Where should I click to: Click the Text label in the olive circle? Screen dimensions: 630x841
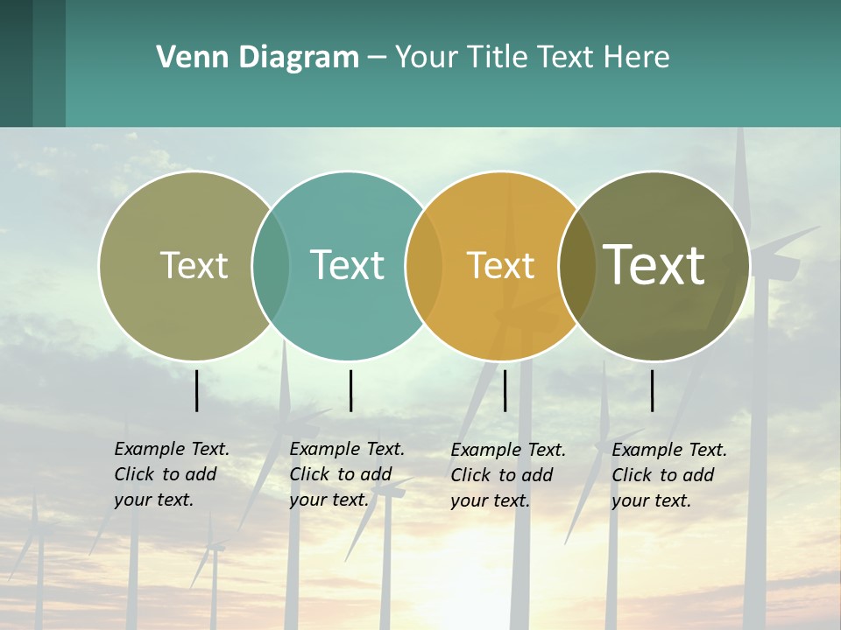(x=194, y=265)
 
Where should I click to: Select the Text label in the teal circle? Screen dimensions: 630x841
(x=347, y=265)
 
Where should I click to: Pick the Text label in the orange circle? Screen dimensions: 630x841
(x=500, y=265)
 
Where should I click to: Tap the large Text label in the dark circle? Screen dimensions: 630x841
(x=654, y=264)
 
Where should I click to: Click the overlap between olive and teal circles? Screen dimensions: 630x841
(x=271, y=265)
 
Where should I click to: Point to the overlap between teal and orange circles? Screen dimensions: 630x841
(x=424, y=265)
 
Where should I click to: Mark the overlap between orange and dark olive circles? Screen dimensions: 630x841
(x=576, y=265)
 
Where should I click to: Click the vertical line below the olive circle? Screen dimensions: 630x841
(x=197, y=390)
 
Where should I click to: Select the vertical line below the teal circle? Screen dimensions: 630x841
(x=350, y=390)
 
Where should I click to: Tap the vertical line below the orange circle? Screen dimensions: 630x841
(x=505, y=390)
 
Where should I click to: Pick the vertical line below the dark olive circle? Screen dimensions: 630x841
(x=653, y=390)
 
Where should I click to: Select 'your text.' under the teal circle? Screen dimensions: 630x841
(x=329, y=500)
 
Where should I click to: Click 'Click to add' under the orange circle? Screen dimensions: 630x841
(x=502, y=475)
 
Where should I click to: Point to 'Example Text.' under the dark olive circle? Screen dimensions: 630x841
(x=669, y=450)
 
